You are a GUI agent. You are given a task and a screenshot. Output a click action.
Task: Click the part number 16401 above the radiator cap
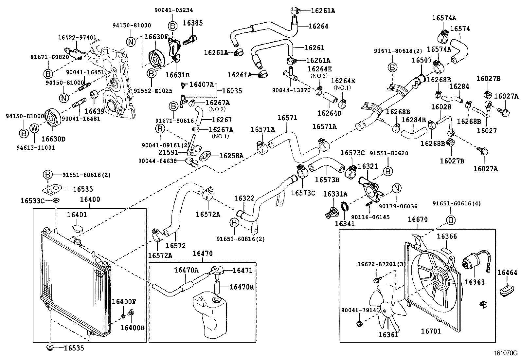pos(77,215)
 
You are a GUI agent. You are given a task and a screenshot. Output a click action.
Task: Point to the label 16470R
pos(242,287)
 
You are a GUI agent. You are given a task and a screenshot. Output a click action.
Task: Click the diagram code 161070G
pos(506,353)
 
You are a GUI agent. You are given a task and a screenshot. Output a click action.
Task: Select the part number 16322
pos(244,198)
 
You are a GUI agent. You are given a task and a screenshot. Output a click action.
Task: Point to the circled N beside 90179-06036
pos(397,188)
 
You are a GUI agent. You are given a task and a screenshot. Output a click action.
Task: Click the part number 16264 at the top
pos(318,26)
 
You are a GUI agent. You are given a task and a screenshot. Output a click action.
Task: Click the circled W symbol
pos(34,128)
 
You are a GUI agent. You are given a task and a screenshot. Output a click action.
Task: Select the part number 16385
pos(193,23)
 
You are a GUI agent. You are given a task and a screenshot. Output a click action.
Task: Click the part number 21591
pos(168,152)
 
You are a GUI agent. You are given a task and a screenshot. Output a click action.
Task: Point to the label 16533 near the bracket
pos(82,189)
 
